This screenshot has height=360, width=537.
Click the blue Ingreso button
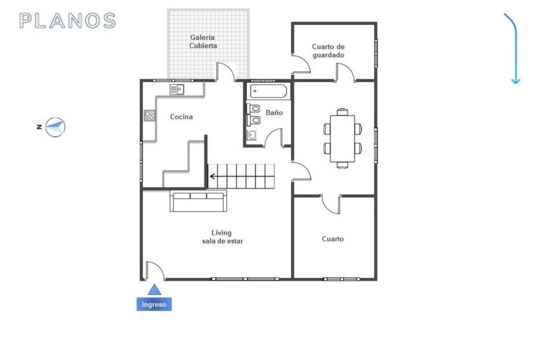point(154,304)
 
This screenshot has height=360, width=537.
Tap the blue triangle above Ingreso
point(154,289)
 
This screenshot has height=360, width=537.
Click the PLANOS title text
point(67,21)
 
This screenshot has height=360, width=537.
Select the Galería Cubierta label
point(203,41)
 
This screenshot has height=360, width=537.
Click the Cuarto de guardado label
point(329,50)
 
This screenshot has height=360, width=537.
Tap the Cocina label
point(181,116)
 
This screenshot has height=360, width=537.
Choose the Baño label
point(274,112)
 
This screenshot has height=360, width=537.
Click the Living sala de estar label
point(222,237)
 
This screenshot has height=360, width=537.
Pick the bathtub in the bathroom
point(268,91)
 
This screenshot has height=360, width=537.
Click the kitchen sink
point(177,90)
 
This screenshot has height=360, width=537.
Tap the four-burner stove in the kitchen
point(149,115)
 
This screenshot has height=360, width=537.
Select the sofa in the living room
point(198,201)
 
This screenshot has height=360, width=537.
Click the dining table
point(342,138)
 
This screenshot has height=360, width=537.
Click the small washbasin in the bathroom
point(252,135)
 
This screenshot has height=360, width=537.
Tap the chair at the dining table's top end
point(342,112)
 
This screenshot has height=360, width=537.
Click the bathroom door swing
point(274,138)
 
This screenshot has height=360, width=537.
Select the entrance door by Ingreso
point(155,271)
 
